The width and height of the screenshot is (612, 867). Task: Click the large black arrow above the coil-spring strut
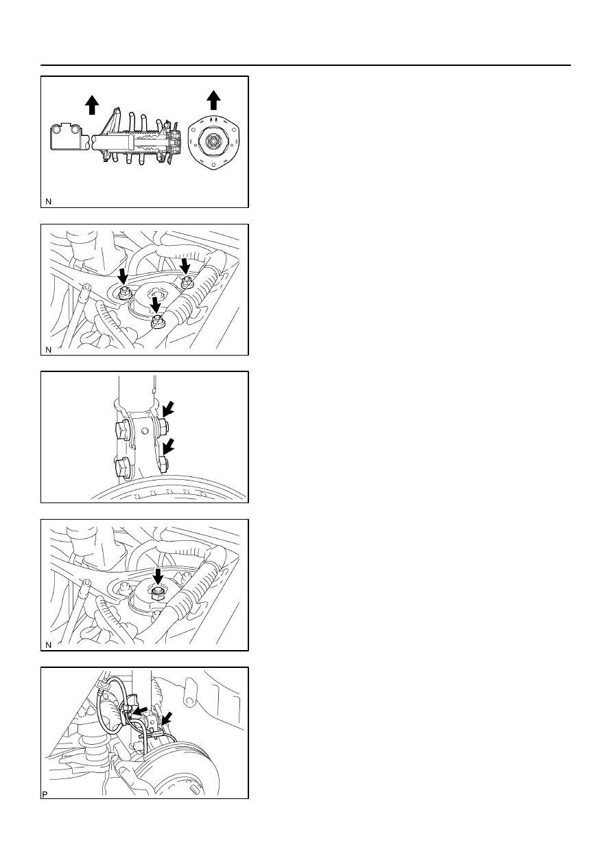[92, 105]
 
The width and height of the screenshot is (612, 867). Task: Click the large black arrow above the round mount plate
[213, 100]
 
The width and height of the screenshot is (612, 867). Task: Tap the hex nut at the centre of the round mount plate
[213, 142]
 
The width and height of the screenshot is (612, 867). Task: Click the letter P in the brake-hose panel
[45, 795]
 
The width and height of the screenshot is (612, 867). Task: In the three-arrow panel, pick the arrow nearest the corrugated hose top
[186, 266]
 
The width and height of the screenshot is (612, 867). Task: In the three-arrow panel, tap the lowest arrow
[156, 304]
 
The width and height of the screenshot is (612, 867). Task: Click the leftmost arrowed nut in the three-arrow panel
[125, 293]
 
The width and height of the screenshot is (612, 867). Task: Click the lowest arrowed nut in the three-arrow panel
[157, 321]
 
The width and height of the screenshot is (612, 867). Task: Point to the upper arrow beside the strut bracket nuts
[168, 409]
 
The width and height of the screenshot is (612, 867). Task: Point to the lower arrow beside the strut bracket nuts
[168, 446]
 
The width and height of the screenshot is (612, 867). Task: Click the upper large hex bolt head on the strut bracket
[122, 430]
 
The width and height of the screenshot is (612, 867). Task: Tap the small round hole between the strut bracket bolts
[144, 430]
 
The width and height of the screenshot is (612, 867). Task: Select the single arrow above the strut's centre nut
[157, 577]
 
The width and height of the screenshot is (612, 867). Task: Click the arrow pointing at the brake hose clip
[140, 710]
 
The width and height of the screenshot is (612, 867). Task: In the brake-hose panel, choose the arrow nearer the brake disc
[167, 718]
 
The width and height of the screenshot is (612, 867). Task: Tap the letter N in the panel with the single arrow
[48, 645]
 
